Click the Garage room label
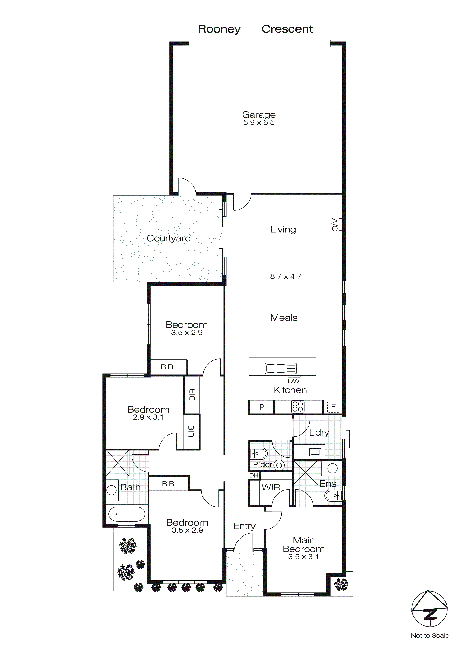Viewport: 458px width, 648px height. [x=259, y=115]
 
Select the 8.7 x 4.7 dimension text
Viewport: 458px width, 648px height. [x=285, y=276]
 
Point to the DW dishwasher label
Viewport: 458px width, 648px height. [x=294, y=381]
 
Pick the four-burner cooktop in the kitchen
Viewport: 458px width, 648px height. [x=298, y=407]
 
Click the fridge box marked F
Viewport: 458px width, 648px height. [x=333, y=407]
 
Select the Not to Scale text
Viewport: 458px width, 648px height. [x=430, y=636]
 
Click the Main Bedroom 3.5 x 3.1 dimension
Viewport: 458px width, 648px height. [x=303, y=557]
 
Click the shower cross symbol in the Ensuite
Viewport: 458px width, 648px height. [x=306, y=473]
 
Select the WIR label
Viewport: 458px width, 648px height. [x=270, y=487]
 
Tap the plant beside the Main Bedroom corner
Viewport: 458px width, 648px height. [x=341, y=585]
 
